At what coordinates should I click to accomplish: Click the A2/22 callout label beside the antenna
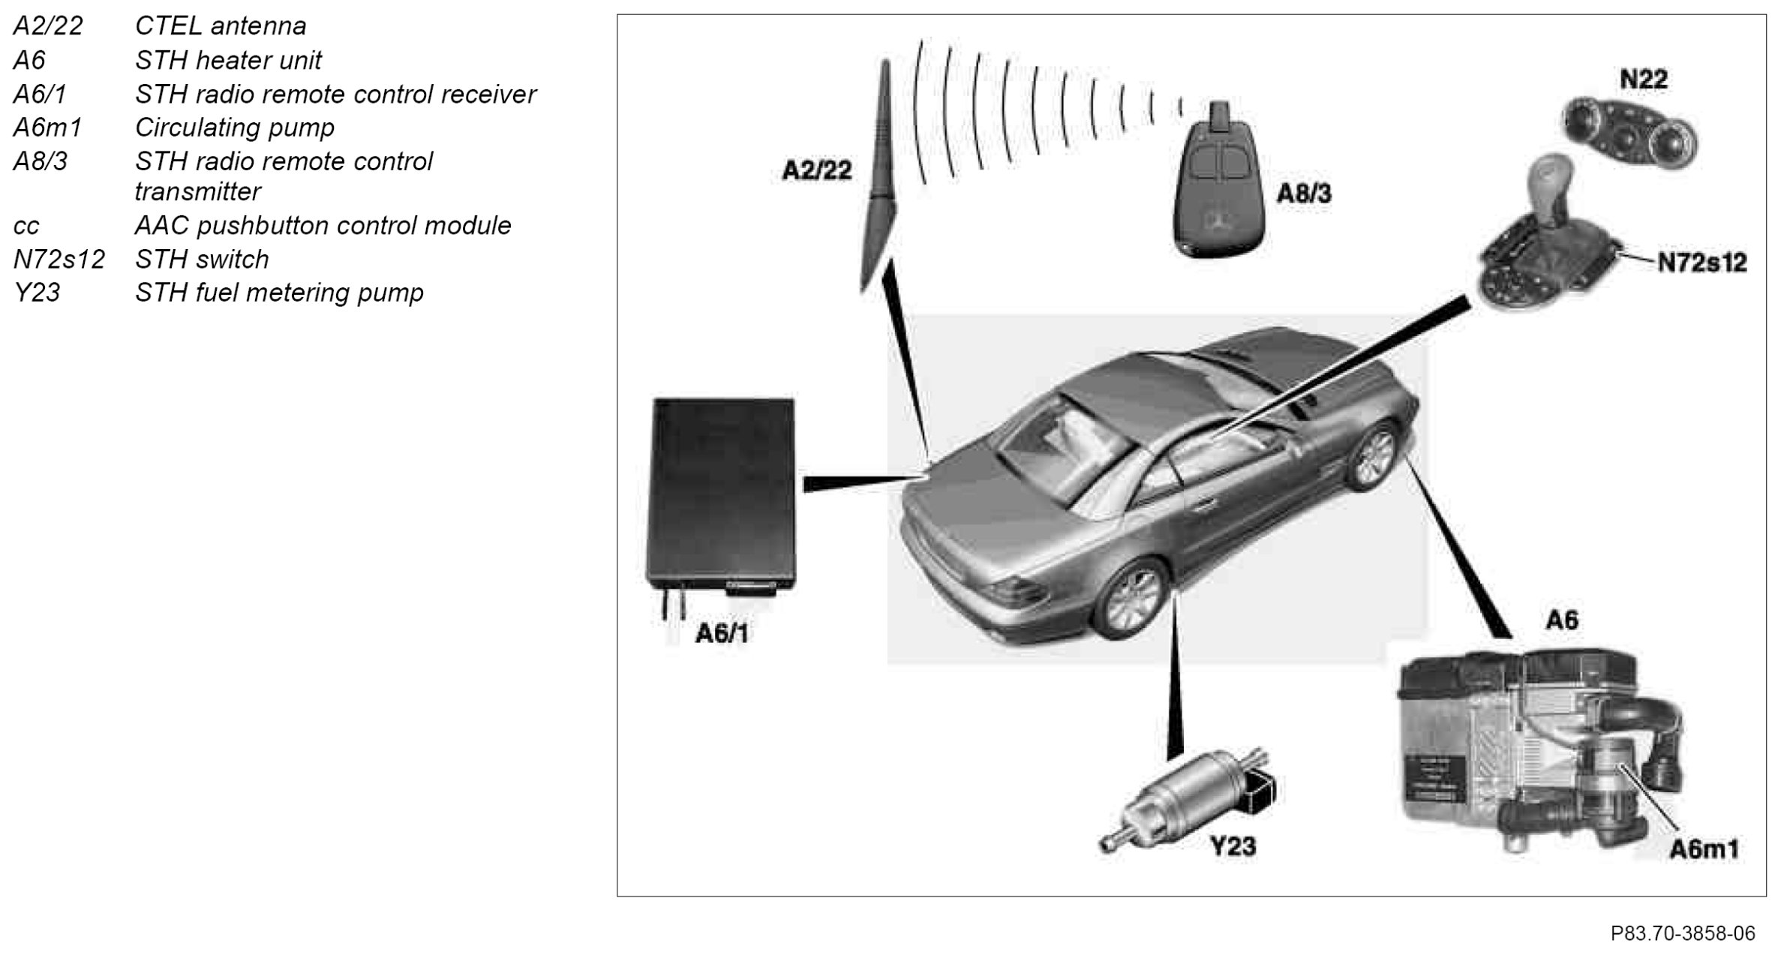[x=817, y=171]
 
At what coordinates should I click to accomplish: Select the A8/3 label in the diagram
[x=1304, y=194]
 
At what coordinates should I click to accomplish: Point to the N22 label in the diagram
[x=1643, y=79]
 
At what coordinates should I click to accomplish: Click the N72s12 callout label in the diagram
[x=1701, y=263]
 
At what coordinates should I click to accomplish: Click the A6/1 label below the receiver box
[x=722, y=634]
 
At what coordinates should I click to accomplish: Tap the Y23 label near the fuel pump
[x=1233, y=846]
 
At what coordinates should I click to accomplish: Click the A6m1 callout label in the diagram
[x=1704, y=850]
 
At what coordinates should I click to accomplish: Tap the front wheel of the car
[x=1374, y=455]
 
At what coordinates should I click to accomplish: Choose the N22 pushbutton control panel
[x=1629, y=134]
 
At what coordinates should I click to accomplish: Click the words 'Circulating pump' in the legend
[x=234, y=128]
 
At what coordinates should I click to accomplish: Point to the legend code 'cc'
[x=26, y=226]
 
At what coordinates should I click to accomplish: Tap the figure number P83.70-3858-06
[x=1682, y=933]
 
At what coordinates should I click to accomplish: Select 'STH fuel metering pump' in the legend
[x=279, y=293]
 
